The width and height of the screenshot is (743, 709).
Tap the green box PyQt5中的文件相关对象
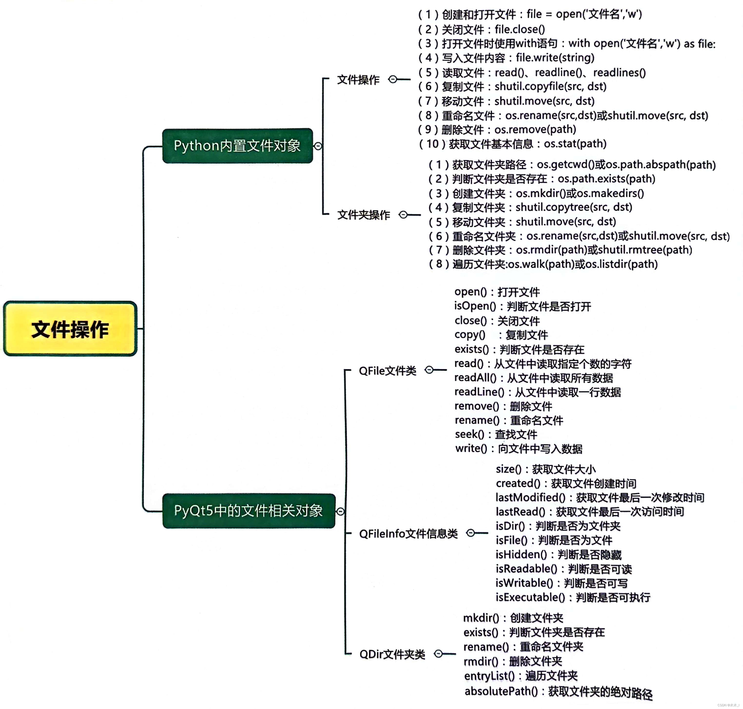(248, 511)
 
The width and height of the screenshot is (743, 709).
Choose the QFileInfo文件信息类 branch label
(408, 534)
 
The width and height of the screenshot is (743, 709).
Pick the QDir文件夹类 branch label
(392, 654)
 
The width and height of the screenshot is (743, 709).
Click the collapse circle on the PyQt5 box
(340, 511)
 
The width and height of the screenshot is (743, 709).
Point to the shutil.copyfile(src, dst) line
(512, 86)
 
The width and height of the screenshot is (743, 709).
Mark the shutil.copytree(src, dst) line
(530, 207)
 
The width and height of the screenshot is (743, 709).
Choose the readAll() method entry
(533, 378)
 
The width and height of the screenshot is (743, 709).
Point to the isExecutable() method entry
(573, 597)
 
